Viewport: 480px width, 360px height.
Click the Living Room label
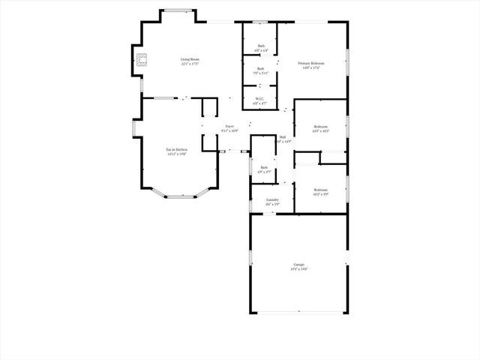(189, 59)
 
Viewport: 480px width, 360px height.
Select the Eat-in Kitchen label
(177, 150)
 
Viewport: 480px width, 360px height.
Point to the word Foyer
(229, 127)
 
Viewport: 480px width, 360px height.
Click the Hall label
(283, 137)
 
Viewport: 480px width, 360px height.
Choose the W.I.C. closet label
(260, 99)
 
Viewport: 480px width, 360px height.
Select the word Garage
(298, 265)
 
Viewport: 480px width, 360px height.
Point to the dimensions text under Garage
(298, 269)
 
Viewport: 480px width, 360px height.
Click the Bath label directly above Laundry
(264, 167)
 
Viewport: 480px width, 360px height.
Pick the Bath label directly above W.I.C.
(260, 68)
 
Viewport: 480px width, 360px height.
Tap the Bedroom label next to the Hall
(320, 127)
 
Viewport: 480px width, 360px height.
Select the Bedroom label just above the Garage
(320, 190)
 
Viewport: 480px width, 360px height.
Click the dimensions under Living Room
(189, 64)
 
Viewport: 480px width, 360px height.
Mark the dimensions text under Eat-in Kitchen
(177, 154)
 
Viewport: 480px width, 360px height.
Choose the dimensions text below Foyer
(229, 131)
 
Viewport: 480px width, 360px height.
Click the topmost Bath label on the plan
(261, 46)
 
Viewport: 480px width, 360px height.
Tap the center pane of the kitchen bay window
(179, 196)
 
